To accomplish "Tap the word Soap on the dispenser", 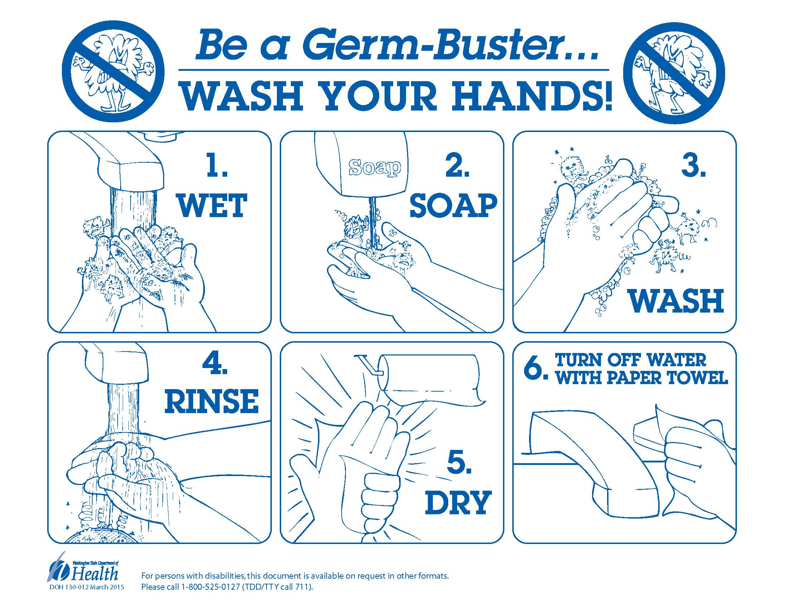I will coord(375,168).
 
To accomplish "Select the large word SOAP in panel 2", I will coord(453,206).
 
